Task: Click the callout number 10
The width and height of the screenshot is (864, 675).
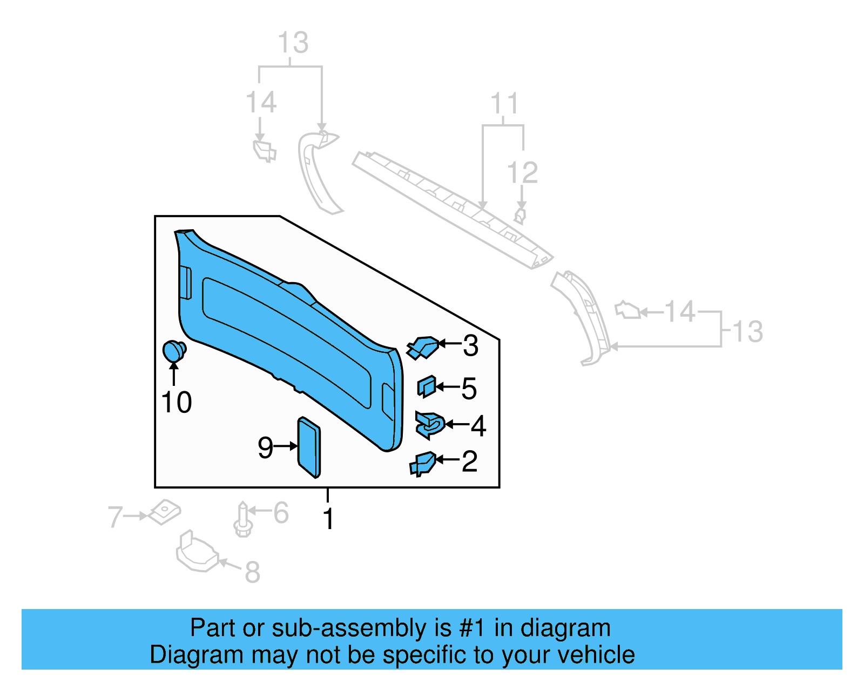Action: (x=177, y=403)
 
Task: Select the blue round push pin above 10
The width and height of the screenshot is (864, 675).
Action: (x=174, y=351)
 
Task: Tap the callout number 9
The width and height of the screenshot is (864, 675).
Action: (x=265, y=447)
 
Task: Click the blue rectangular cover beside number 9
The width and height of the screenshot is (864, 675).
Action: (x=309, y=447)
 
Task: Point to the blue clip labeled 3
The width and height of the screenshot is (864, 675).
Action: (x=423, y=347)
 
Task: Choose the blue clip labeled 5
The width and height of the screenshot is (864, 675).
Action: (x=426, y=386)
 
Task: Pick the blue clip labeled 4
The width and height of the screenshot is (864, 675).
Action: (x=430, y=425)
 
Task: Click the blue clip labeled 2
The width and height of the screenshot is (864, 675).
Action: (x=422, y=464)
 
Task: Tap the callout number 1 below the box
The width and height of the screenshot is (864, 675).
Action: (x=328, y=519)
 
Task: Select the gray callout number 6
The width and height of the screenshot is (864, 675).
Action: (x=281, y=513)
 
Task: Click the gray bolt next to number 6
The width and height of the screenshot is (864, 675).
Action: (x=243, y=520)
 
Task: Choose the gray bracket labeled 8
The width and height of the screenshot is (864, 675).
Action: (x=197, y=551)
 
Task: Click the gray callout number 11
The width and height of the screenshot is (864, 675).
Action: (x=504, y=104)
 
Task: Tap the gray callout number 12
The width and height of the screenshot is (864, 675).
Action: (x=522, y=173)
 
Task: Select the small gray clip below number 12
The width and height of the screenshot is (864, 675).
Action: (x=520, y=215)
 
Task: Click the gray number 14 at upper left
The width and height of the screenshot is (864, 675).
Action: (x=261, y=103)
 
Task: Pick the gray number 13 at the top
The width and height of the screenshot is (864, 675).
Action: (x=293, y=43)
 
